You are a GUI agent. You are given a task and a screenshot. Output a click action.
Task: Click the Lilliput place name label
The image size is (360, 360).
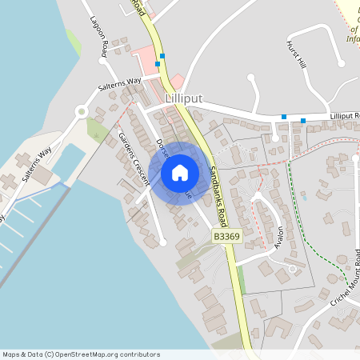click(183, 98)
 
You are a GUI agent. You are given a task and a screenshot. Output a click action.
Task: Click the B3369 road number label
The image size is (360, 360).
click(226, 238)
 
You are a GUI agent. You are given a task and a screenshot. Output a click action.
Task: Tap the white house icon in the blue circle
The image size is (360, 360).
click(179, 173)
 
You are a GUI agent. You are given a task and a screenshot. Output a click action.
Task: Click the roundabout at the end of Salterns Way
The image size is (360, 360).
click(81, 112)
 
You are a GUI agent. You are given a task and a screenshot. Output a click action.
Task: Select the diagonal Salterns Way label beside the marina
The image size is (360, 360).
click(37, 164)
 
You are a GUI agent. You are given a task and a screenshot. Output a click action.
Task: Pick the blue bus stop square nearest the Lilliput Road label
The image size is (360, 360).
click(303, 121)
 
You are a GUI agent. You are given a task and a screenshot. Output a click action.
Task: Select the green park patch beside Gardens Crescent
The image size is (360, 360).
click(97, 130)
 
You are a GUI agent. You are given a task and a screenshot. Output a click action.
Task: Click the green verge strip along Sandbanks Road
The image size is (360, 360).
click(240, 280)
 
